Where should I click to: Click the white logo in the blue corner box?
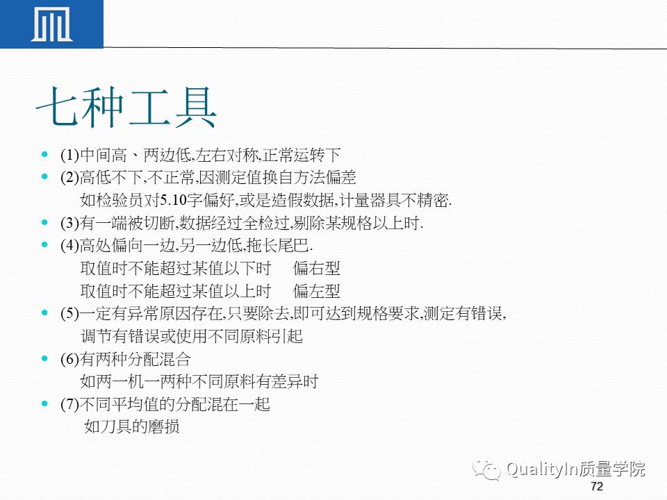coord(51,25)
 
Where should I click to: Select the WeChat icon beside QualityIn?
coord(488,470)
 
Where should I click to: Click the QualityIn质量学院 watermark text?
coord(576,469)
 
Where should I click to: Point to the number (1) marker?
coord(70,155)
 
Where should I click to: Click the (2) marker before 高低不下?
coord(70,177)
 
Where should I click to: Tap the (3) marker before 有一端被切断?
coord(70,223)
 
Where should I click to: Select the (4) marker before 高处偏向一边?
coord(70,245)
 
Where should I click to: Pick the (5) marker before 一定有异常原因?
coord(70,313)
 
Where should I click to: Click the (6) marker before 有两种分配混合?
coord(70,359)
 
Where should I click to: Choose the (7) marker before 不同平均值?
coord(70,404)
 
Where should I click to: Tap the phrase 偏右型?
coord(317,268)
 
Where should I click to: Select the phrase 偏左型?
coord(317,291)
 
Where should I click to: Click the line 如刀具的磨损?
coord(132,426)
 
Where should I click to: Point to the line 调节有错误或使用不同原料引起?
coord(192,336)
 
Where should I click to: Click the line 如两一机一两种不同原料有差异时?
coord(199,381)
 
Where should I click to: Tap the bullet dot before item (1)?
coord(45,154)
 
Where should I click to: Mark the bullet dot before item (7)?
coord(45,403)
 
